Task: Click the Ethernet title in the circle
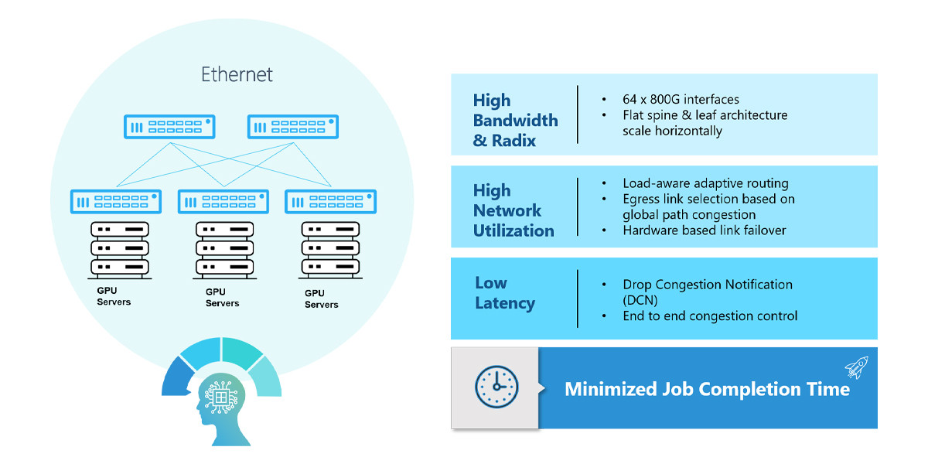point(237,75)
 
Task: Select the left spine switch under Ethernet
point(169,127)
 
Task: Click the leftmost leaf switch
point(116,202)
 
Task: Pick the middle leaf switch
point(223,202)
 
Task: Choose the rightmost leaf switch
point(330,202)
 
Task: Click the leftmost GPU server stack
point(120,248)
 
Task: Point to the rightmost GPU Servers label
point(322,299)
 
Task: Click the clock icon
point(496,387)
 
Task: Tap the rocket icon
point(856,367)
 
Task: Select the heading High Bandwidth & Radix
point(514,121)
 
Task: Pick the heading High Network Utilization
point(513,210)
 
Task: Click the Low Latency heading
point(504,293)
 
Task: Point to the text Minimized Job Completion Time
point(707,389)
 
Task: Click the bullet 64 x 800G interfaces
point(681,100)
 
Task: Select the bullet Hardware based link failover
point(704,230)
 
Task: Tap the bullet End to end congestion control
point(710,316)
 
